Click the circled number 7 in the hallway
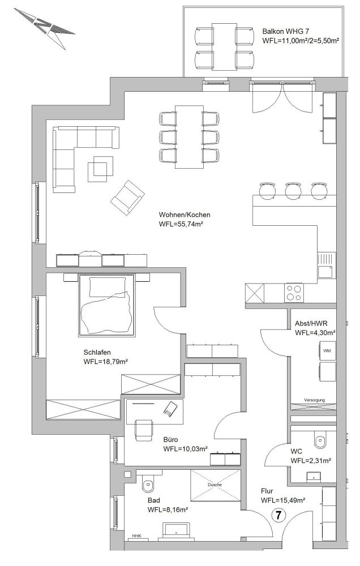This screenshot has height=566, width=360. coord(278,515)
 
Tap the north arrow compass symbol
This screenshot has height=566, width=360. coord(44,28)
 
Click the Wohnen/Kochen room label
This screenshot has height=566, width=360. coord(185,215)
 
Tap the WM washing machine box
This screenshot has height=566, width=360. coord(327,350)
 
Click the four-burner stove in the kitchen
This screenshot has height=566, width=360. coord(294,293)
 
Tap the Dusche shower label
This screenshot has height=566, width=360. coord(215,485)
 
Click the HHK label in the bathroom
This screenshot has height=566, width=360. coord(136,536)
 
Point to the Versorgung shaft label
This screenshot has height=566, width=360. coord(314,400)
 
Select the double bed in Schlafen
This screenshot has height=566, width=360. coord(107,305)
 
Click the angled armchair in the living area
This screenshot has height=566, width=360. coord(127,198)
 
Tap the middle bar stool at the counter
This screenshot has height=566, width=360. coord(293,190)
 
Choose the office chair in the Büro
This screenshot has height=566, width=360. coord(143,430)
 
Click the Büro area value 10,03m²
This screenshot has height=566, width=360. coord(185,449)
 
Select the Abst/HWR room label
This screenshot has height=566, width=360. coord(311,323)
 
